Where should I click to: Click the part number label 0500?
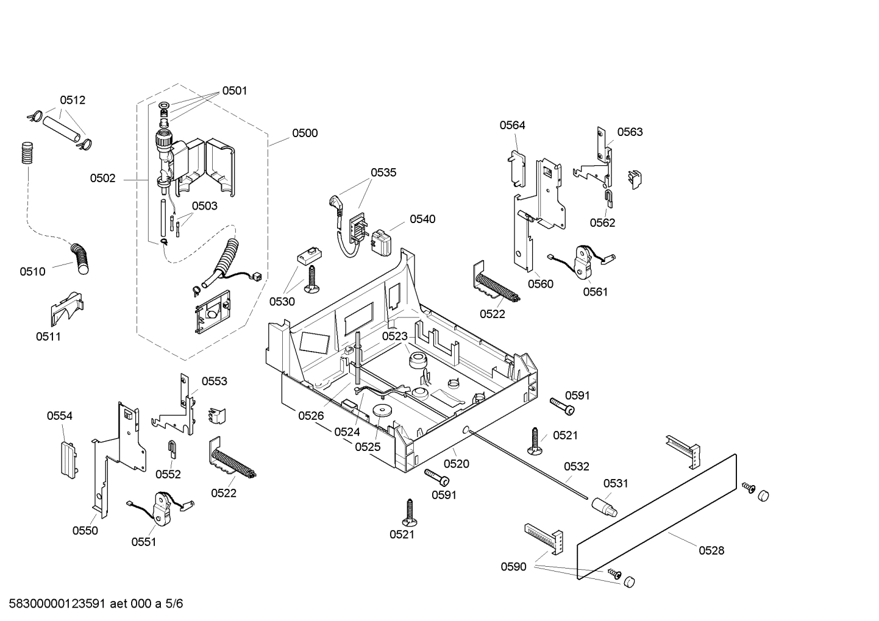tap(304, 133)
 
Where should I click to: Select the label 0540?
tap(422, 219)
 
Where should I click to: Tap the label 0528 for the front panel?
tap(711, 550)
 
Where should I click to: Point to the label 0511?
tap(48, 336)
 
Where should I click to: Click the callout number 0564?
tap(512, 125)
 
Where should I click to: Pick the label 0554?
tap(60, 416)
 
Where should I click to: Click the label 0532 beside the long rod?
tap(576, 466)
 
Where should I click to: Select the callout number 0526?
tap(311, 416)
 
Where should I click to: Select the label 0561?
tap(595, 291)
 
